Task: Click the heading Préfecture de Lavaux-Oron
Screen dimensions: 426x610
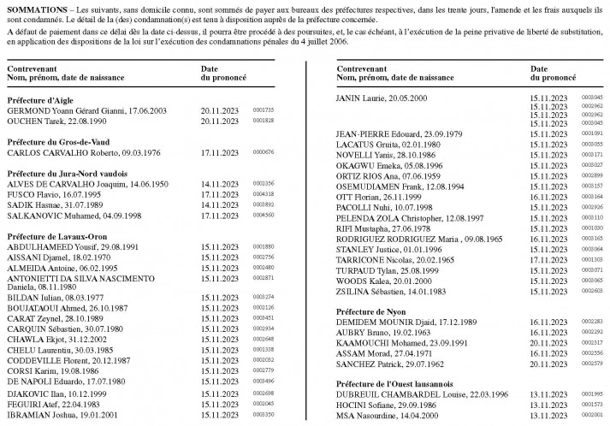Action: coord(55,235)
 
